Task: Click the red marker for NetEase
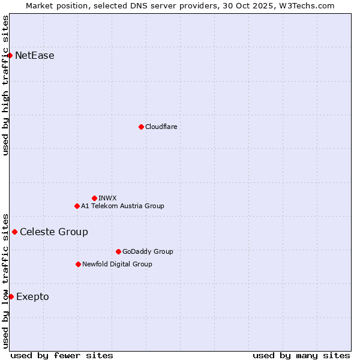pos(10,56)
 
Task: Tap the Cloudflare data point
pos(141,127)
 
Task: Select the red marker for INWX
pos(94,198)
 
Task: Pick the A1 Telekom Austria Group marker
pos(77,206)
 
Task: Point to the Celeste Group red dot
pos(14,232)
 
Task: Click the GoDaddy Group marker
pos(118,251)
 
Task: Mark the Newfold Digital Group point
pos(78,264)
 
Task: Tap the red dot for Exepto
pos(11,296)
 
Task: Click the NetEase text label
pos(34,56)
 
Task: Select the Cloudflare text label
pos(161,127)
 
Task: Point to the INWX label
pos(107,198)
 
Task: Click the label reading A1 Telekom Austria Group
pos(122,206)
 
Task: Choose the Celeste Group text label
pos(53,232)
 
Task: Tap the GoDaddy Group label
pos(148,251)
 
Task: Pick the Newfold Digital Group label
pos(117,264)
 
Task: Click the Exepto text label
pos(32,296)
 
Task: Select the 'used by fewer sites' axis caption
pos(62,355)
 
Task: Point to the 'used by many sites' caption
pos(301,355)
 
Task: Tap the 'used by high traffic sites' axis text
pos(5,85)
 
